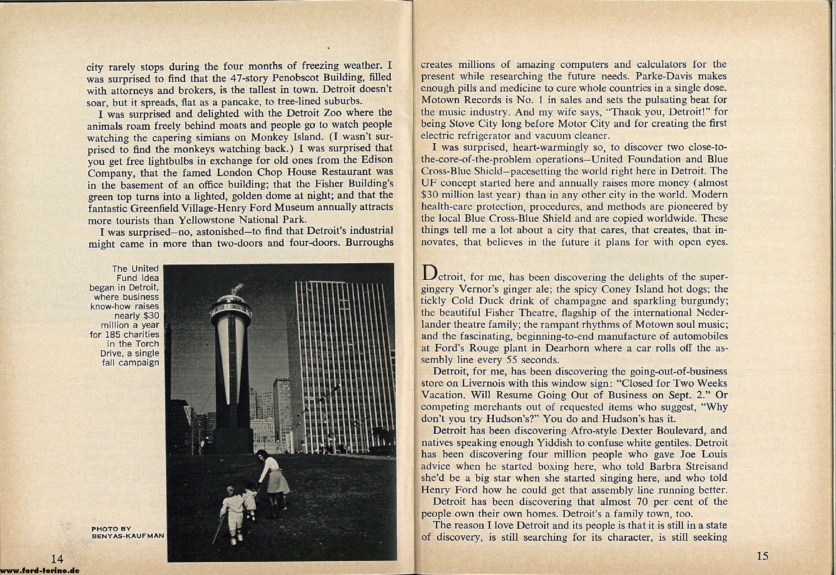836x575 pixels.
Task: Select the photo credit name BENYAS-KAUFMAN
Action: click(128, 535)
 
